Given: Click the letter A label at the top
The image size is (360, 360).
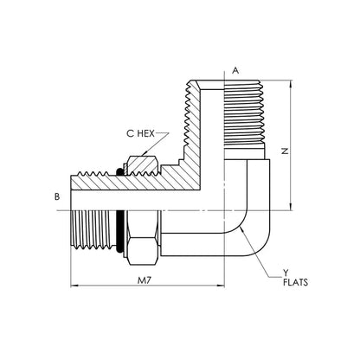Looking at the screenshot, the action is pos(235,70).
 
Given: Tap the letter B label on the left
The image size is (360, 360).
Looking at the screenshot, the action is pos(57,196).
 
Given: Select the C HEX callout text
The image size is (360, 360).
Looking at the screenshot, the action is pos(140,133).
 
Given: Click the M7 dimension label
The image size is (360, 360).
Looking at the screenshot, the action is pos(145,280).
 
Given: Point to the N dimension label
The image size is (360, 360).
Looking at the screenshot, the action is pos(285,151).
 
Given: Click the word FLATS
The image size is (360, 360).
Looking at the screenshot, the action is pos(295,282).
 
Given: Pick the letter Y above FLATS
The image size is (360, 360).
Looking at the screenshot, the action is pos(286,273).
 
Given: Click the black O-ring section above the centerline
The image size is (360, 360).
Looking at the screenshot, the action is pos(119,171).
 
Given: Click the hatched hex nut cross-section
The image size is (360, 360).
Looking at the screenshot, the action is pos(143,165).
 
